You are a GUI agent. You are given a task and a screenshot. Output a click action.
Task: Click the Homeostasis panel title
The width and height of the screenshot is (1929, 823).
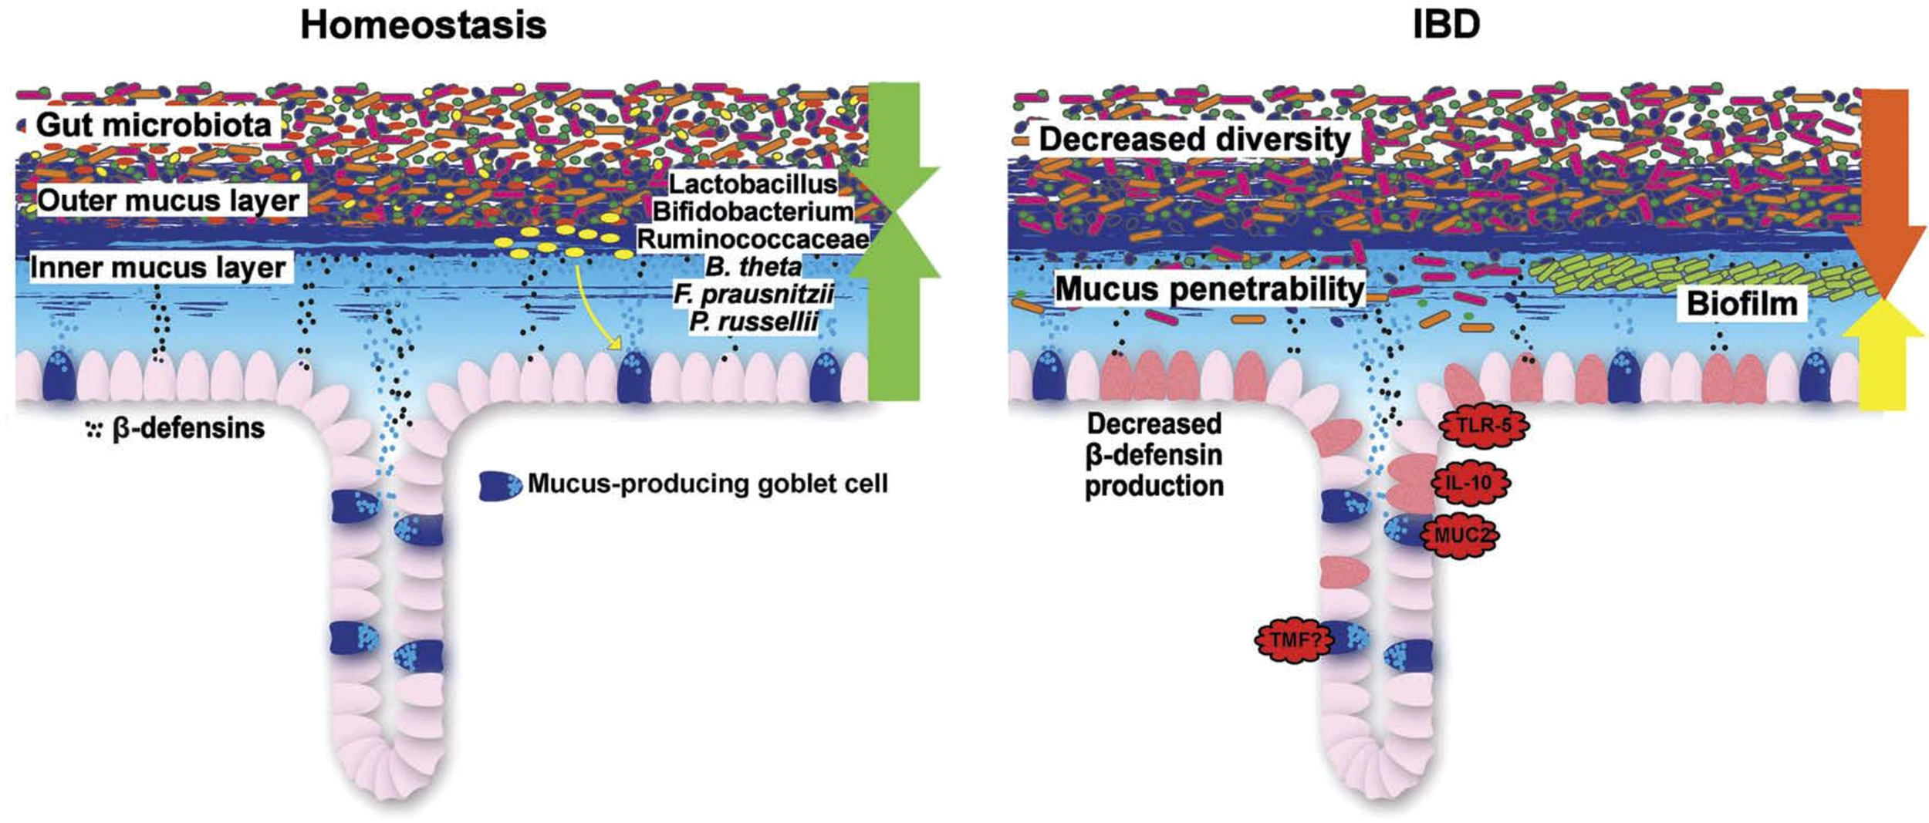(x=423, y=25)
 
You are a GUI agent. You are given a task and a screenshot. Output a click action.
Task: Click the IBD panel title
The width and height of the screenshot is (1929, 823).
(x=1445, y=25)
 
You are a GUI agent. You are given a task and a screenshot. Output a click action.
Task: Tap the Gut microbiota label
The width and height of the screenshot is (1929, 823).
(x=154, y=125)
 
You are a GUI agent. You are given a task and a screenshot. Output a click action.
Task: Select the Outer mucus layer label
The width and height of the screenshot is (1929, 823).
(x=168, y=201)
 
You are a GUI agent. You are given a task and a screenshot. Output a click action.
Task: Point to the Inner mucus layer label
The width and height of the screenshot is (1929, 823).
(x=158, y=268)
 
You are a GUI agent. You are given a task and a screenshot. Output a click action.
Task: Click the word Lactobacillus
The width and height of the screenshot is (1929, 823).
(x=752, y=184)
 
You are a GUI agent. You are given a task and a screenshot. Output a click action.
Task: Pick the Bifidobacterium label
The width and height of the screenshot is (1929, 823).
(x=752, y=211)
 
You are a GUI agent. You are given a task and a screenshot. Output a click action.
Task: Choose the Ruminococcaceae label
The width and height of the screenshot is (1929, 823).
(x=752, y=239)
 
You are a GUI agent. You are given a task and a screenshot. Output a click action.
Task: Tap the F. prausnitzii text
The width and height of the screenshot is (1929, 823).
(x=753, y=294)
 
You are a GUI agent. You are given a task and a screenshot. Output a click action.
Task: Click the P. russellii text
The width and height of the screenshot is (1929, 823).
(x=753, y=321)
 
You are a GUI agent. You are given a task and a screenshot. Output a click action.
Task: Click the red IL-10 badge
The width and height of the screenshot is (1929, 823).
(x=1471, y=484)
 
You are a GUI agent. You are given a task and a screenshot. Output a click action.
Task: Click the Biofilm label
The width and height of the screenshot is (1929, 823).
(x=1742, y=304)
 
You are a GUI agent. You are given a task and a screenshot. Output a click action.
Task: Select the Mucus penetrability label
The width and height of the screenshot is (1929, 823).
(x=1209, y=289)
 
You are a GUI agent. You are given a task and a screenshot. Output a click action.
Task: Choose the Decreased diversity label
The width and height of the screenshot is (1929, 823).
(x=1194, y=140)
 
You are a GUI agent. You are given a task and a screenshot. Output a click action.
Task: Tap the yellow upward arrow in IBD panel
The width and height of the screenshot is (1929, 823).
(x=1883, y=355)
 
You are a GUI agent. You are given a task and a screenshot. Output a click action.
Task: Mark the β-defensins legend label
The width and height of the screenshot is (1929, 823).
(x=188, y=428)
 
